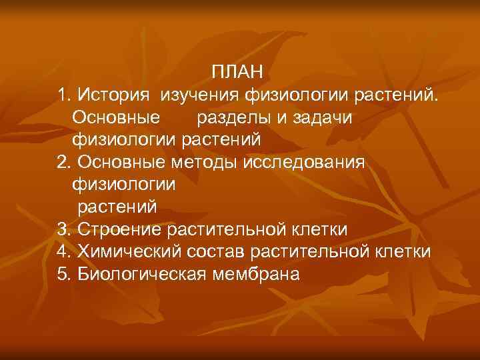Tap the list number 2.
pos(63,163)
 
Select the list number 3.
pos(63,230)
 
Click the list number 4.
pos(63,253)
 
